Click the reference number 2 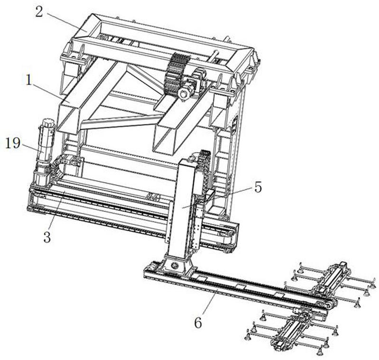tap(39, 11)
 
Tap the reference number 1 tap(29, 80)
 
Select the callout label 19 tap(13, 143)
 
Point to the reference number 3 tap(47, 237)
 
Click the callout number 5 tap(258, 187)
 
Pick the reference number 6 tap(198, 323)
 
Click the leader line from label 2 tap(66, 23)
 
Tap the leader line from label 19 tap(33, 148)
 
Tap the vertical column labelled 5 tap(184, 210)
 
